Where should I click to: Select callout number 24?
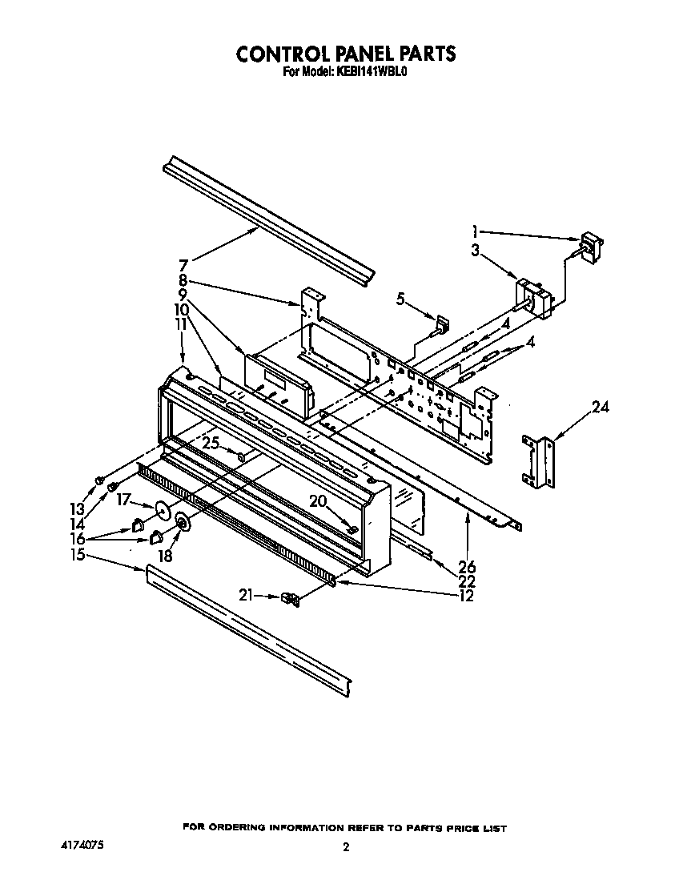pos(601,408)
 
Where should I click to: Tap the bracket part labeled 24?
pos(536,462)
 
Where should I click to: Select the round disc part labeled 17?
pos(164,511)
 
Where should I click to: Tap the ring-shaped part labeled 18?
pos(182,524)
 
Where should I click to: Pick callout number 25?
pos(210,443)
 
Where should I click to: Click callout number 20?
pos(318,500)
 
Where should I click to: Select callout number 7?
pos(183,264)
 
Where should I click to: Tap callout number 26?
pos(468,567)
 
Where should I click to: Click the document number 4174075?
pos(83,845)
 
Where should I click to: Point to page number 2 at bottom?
pos(346,848)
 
